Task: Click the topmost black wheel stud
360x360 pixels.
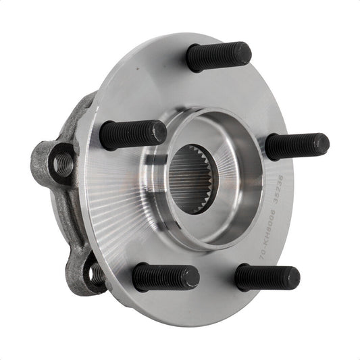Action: pos(217,56)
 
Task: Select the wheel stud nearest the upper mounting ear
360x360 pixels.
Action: pos(132,134)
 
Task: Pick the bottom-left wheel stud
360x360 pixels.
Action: pos(165,277)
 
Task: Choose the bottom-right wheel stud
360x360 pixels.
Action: pos(266,278)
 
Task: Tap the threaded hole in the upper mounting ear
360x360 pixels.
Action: pos(63,162)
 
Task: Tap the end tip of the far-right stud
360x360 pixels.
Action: pos(322,143)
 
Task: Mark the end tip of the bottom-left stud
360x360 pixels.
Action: pos(192,277)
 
